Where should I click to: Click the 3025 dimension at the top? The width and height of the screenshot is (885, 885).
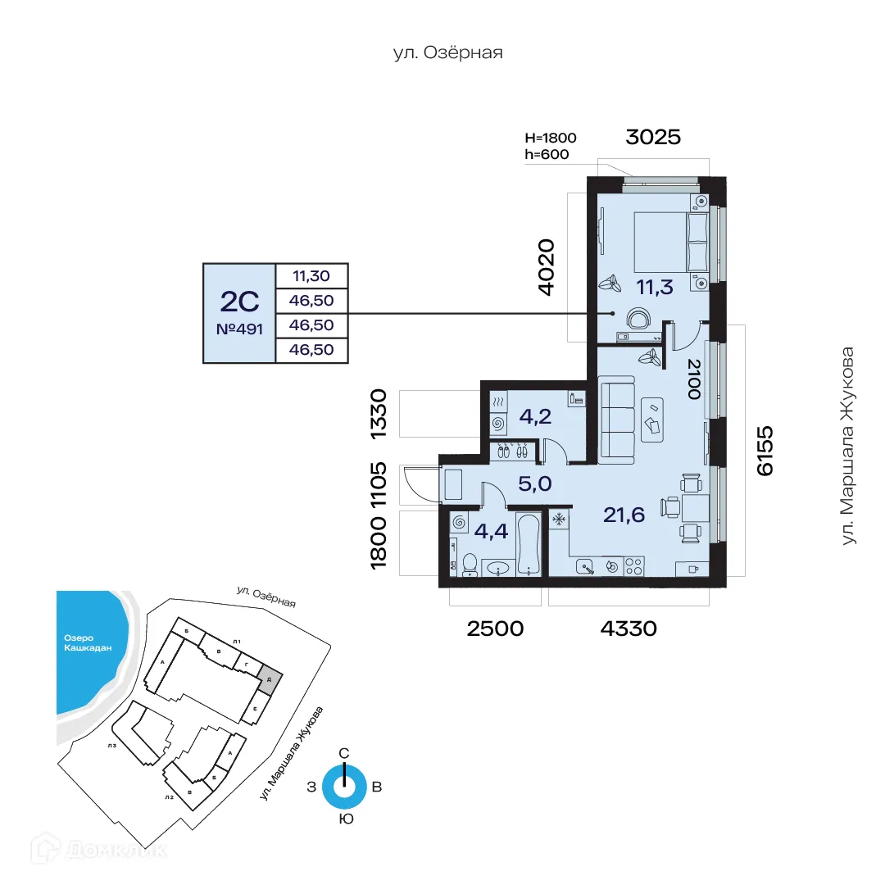(x=652, y=137)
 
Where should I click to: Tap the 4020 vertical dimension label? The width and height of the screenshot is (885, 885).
(x=546, y=267)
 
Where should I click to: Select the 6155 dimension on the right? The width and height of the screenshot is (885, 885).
(x=764, y=450)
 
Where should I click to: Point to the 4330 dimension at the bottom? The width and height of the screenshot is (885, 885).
(x=629, y=629)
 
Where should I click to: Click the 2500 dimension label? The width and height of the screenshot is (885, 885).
(x=494, y=629)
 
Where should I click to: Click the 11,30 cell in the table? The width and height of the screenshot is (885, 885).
(x=312, y=275)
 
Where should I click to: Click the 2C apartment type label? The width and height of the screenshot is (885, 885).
(x=239, y=302)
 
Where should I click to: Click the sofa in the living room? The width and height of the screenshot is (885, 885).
(x=617, y=417)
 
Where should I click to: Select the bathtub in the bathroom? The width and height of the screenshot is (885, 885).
(x=529, y=545)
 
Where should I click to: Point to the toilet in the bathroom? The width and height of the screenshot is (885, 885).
(x=470, y=564)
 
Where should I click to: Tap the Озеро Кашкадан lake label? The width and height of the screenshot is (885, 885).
(x=88, y=643)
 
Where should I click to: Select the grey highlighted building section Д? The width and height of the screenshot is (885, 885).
(x=270, y=678)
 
